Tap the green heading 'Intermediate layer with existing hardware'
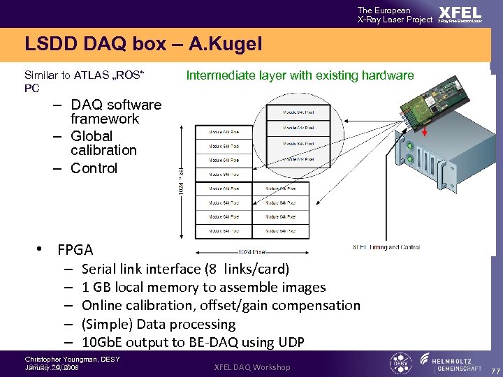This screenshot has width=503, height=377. point(300,75)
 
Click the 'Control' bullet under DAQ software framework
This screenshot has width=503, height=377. point(94,168)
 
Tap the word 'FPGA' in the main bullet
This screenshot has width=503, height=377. point(75,250)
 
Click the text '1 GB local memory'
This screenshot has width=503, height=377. point(133,287)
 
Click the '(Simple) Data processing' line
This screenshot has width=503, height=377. point(159,324)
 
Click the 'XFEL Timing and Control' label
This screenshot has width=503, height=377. point(386,247)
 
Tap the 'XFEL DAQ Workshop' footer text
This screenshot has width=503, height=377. point(251,367)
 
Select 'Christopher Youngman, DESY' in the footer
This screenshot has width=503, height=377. point(72,359)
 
